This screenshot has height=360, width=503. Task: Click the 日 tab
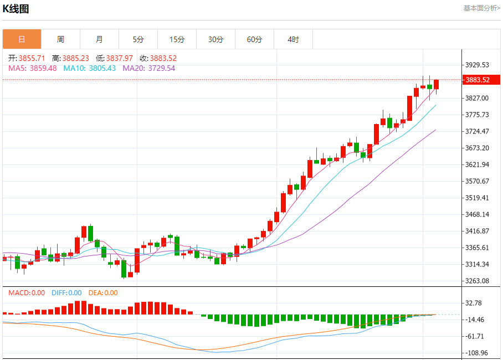22,39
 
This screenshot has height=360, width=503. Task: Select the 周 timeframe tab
60,39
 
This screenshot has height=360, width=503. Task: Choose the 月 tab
99,39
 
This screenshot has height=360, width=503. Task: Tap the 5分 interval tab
138,39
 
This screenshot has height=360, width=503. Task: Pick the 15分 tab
177,39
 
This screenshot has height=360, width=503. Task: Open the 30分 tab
215,39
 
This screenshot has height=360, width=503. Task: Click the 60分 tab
254,39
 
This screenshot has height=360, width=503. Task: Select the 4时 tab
293,39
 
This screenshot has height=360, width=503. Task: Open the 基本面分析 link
481,8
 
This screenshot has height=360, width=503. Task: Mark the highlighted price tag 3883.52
478,80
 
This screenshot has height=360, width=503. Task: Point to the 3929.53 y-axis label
478,65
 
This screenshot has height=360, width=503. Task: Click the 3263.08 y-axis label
478,281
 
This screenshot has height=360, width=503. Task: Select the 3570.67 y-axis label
478,181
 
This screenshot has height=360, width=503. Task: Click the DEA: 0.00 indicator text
103,293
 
